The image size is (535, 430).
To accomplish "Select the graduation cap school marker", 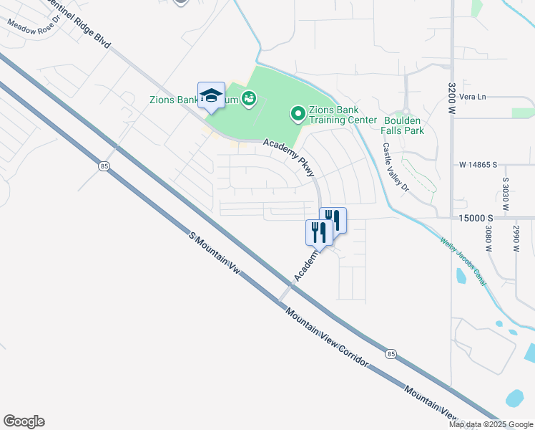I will pos(211,95).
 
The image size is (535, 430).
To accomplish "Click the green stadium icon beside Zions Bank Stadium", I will pos(248,98).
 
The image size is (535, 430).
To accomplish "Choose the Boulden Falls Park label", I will pos(403,125).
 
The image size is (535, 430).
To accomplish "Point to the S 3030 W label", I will pos(505,193).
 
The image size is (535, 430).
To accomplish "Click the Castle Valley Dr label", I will pos(393,166).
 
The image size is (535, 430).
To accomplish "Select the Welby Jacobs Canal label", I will pos(463,262).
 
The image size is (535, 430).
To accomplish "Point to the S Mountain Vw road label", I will pos(214,254).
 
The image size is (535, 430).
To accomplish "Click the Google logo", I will pos(24,421).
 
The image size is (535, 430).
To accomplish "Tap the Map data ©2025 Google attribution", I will pos(491,424).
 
